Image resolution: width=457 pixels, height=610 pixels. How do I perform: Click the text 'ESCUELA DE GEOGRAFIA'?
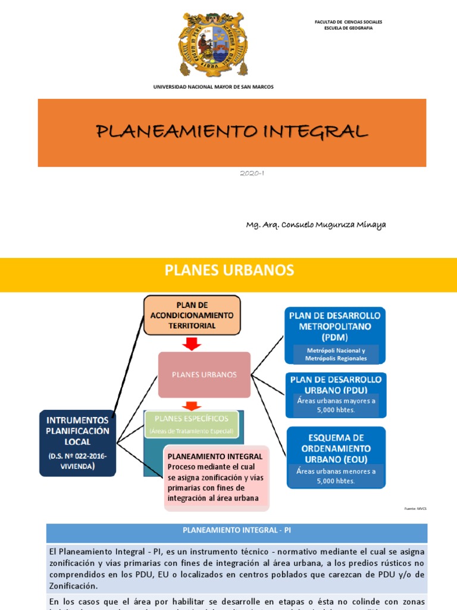click(348, 28)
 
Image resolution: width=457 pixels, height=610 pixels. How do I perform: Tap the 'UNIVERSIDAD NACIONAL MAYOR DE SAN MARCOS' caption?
click(214, 87)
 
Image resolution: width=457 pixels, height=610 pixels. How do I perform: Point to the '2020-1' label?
click(252, 173)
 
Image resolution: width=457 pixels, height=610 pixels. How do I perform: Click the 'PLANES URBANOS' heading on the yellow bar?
click(229, 270)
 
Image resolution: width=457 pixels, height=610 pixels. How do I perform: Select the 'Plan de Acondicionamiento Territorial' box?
click(192, 315)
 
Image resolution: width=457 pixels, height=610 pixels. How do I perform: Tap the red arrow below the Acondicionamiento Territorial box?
click(192, 344)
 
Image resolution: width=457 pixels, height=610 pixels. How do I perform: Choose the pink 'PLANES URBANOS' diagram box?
click(204, 375)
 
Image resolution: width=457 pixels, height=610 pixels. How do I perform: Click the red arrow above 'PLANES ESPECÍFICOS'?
click(191, 406)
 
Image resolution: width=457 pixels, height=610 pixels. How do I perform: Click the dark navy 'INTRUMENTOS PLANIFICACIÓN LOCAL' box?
click(78, 443)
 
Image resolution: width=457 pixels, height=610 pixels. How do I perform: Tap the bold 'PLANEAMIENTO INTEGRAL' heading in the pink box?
click(206, 456)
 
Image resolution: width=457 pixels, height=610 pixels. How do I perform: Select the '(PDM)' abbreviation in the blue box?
click(335, 337)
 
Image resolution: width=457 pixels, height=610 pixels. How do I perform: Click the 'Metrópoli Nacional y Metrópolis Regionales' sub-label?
click(336, 354)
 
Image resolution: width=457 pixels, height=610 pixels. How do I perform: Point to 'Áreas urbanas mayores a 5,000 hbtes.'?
click(336, 405)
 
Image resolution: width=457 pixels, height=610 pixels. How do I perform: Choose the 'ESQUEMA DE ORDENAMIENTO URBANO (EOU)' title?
click(336, 448)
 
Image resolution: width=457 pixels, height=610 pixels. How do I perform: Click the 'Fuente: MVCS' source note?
click(415, 509)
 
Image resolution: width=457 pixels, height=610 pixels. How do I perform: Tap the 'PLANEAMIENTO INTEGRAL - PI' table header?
click(236, 529)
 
